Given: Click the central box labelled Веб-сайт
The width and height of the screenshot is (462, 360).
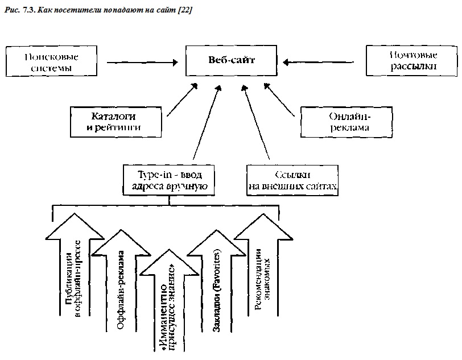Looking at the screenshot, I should click(x=232, y=61).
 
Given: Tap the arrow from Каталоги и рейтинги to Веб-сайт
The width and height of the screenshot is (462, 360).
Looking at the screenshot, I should click(x=182, y=100).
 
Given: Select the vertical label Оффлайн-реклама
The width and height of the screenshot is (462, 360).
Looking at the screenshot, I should click(x=121, y=290).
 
